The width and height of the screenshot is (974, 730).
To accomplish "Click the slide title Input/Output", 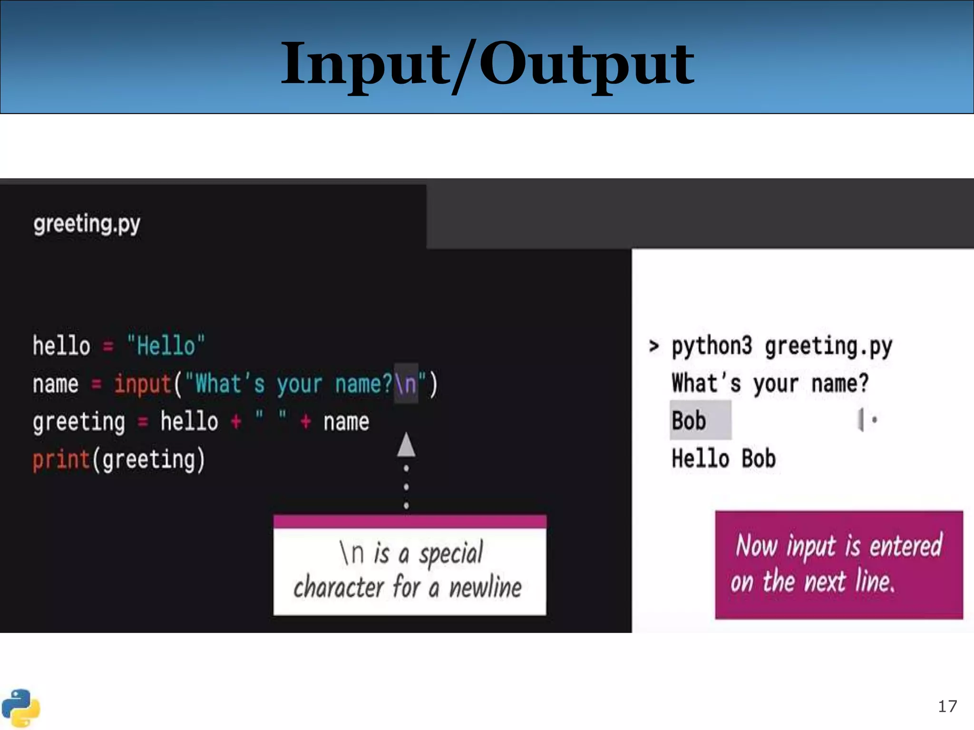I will tap(487, 64).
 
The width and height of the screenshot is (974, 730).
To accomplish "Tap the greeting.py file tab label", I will tap(87, 223).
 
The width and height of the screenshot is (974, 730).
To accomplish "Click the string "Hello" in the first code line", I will tap(166, 346).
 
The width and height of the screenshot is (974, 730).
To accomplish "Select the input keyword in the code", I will tap(143, 384).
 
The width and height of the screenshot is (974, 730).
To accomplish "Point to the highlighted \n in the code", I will tap(406, 384).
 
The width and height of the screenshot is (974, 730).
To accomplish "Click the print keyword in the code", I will tap(61, 460).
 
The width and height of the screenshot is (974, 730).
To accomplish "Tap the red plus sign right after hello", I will tap(236, 422).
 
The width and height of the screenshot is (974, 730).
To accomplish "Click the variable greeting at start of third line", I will tap(79, 422).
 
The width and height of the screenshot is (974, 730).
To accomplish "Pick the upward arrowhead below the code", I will tap(406, 445).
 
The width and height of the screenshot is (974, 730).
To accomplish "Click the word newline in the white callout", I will tap(485, 587).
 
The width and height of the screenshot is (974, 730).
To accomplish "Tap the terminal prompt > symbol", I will tap(654, 346).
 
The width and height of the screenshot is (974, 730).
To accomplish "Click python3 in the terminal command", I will tap(711, 346).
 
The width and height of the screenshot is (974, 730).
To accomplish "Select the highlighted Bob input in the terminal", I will tap(689, 421).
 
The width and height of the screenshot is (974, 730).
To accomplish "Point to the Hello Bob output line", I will tap(723, 459).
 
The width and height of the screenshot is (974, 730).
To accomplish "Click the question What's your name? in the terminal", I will tap(769, 383).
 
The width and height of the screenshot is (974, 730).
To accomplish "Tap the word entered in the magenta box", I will tap(906, 546).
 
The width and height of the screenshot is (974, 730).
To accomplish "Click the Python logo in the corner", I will tap(20, 708).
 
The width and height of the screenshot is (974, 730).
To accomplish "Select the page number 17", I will tap(947, 706).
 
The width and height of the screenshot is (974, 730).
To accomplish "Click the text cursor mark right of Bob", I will tap(861, 420).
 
